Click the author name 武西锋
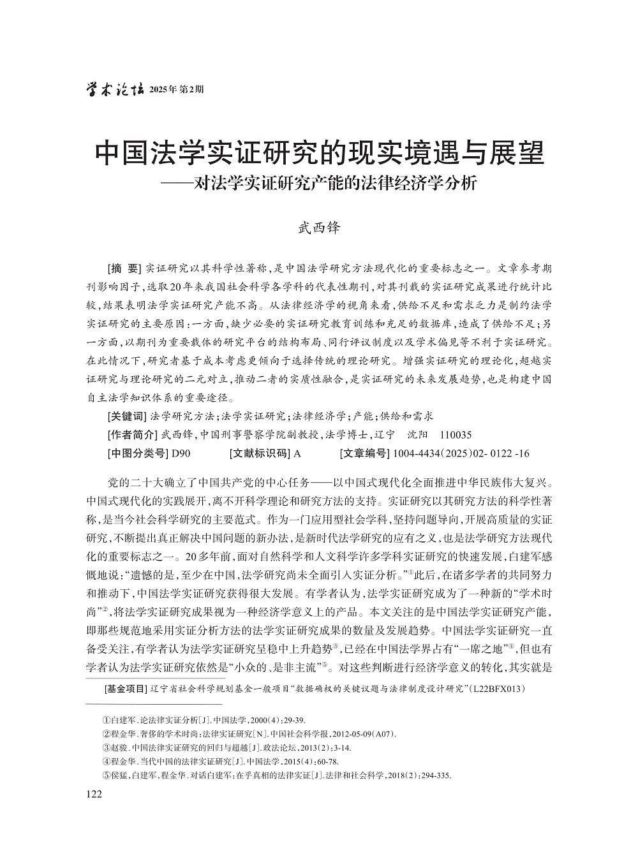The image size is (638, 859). pos(319,228)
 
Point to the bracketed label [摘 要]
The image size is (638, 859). pos(124,267)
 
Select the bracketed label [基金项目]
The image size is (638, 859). pos(126,689)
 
